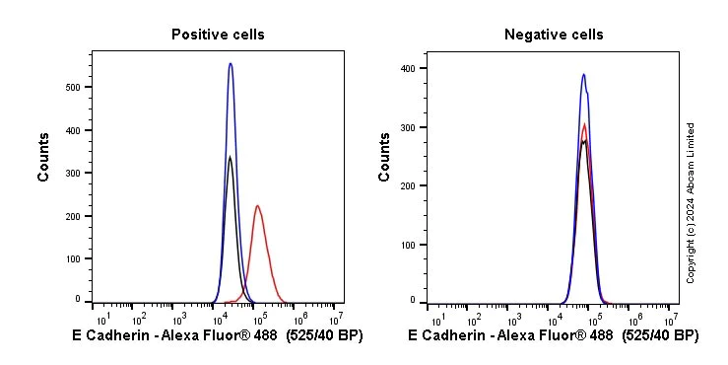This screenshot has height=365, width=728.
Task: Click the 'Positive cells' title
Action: tap(218, 35)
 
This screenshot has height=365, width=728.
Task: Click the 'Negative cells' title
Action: tap(554, 35)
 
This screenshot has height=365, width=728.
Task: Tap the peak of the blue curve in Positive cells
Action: tap(231, 64)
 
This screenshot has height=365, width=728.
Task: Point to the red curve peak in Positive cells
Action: tap(257, 206)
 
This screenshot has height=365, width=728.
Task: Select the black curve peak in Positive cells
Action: tap(230, 157)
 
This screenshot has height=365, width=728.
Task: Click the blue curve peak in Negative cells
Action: tap(583, 74)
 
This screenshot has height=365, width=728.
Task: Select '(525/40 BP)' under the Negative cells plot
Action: tap(660, 336)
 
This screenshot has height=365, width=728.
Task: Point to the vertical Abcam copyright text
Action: tap(691, 202)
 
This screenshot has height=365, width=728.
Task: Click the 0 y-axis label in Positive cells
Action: tap(79, 298)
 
